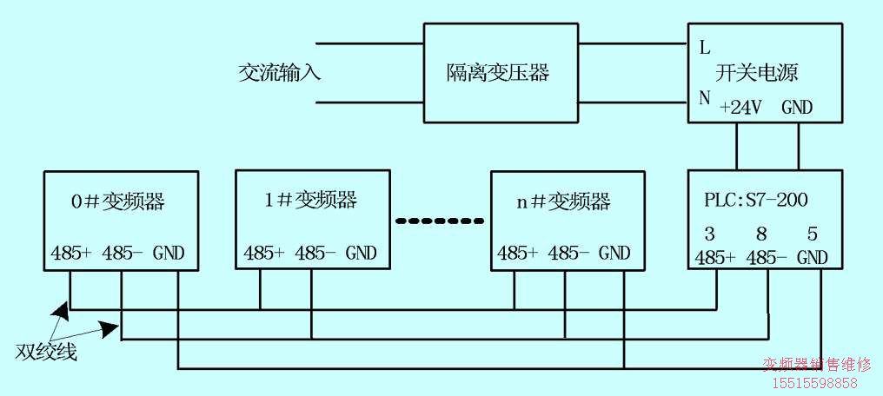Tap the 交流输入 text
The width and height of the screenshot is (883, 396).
pyautogui.click(x=280, y=73)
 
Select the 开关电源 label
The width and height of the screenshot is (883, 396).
pyautogui.click(x=757, y=73)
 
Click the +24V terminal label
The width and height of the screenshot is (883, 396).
pyautogui.click(x=741, y=108)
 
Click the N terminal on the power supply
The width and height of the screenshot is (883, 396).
pyautogui.click(x=705, y=98)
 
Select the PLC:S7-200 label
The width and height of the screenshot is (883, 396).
pyautogui.click(x=755, y=201)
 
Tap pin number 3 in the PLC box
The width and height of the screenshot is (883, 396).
pyautogui.click(x=709, y=234)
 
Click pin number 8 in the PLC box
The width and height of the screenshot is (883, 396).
pyautogui.click(x=761, y=234)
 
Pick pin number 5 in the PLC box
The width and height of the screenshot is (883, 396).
pyautogui.click(x=813, y=234)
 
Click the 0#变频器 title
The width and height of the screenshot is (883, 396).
pyautogui.click(x=117, y=203)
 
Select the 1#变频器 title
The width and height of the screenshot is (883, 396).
pyautogui.click(x=310, y=201)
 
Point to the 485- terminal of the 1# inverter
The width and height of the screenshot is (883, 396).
pyautogui.click(x=314, y=254)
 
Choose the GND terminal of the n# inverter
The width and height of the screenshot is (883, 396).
pyautogui.click(x=614, y=254)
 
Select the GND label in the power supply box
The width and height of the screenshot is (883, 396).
pyautogui.click(x=797, y=108)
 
